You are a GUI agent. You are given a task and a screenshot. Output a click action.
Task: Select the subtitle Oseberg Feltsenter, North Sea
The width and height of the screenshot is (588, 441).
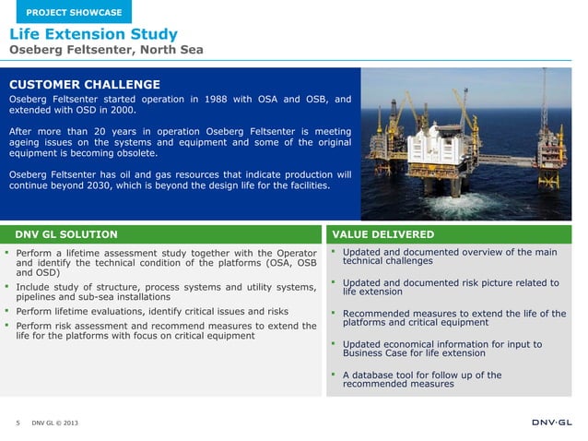coord(106,50)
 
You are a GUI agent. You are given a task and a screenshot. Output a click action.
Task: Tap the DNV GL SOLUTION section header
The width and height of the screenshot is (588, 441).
coord(65,234)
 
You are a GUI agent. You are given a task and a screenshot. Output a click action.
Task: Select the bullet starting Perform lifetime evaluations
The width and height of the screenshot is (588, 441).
coord(152,312)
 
